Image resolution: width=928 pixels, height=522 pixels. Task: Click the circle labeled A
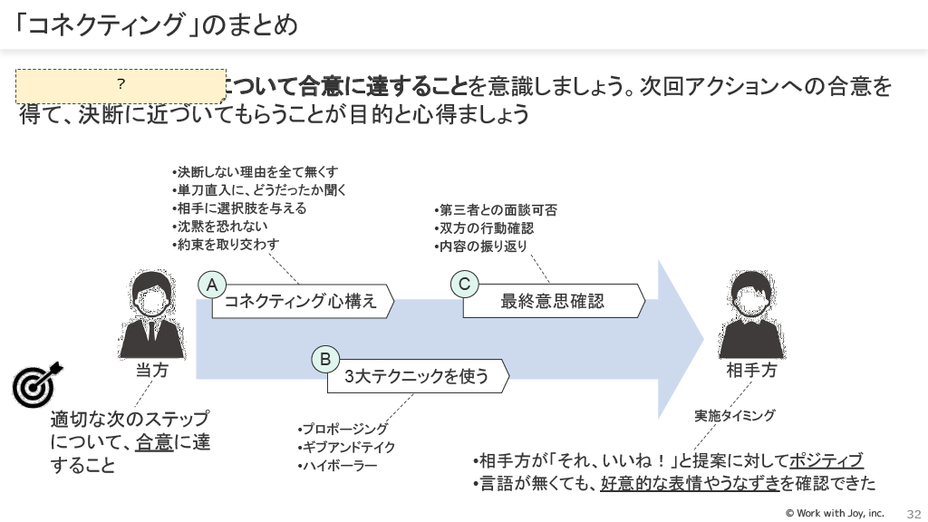click(x=212, y=285)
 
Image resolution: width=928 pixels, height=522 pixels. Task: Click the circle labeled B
click(x=325, y=359)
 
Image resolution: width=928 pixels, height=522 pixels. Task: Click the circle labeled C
click(x=464, y=285)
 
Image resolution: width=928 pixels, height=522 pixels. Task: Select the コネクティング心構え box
click(x=302, y=302)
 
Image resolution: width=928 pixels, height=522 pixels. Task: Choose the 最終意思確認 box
click(x=553, y=302)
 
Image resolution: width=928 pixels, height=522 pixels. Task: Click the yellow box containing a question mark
click(x=121, y=85)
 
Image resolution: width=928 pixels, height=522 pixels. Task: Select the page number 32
click(x=913, y=513)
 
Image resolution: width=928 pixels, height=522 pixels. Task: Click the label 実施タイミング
click(x=735, y=416)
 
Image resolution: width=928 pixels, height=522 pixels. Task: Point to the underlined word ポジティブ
click(x=826, y=460)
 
